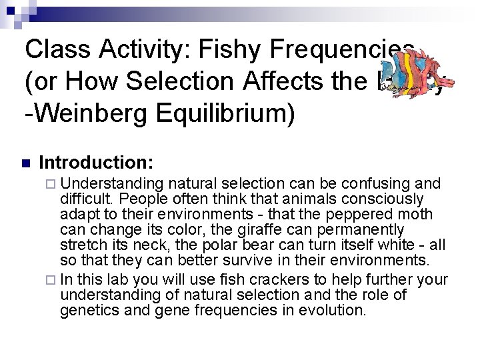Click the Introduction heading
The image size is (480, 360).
coord(97,162)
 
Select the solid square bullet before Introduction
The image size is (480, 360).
coord(26,163)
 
